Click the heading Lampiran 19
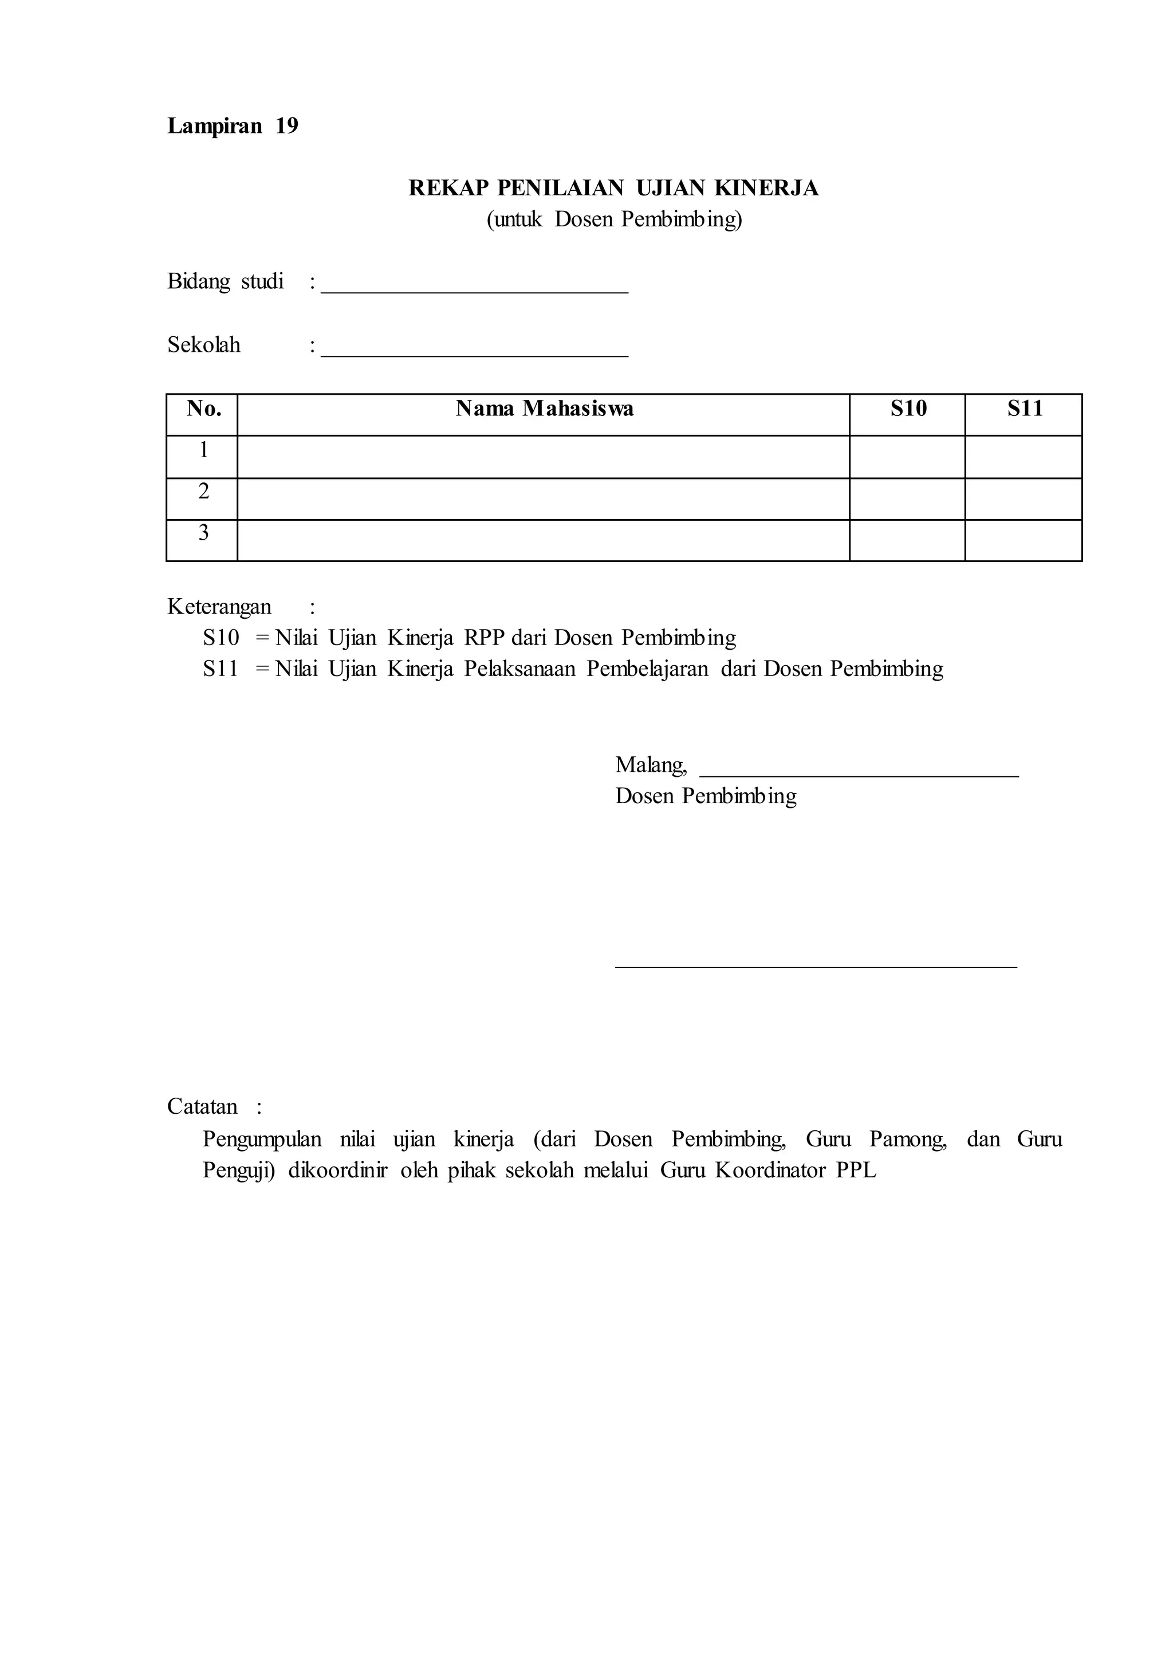click(233, 127)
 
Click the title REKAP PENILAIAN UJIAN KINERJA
click(613, 188)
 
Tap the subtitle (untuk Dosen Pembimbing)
click(614, 219)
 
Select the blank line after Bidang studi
click(475, 290)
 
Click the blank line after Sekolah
click(475, 354)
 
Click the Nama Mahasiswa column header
click(544, 410)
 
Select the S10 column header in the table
click(908, 410)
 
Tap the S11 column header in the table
click(1024, 410)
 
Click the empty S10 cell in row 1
click(907, 457)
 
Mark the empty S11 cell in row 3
click(1024, 540)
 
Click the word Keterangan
click(219, 607)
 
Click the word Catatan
click(202, 1107)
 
